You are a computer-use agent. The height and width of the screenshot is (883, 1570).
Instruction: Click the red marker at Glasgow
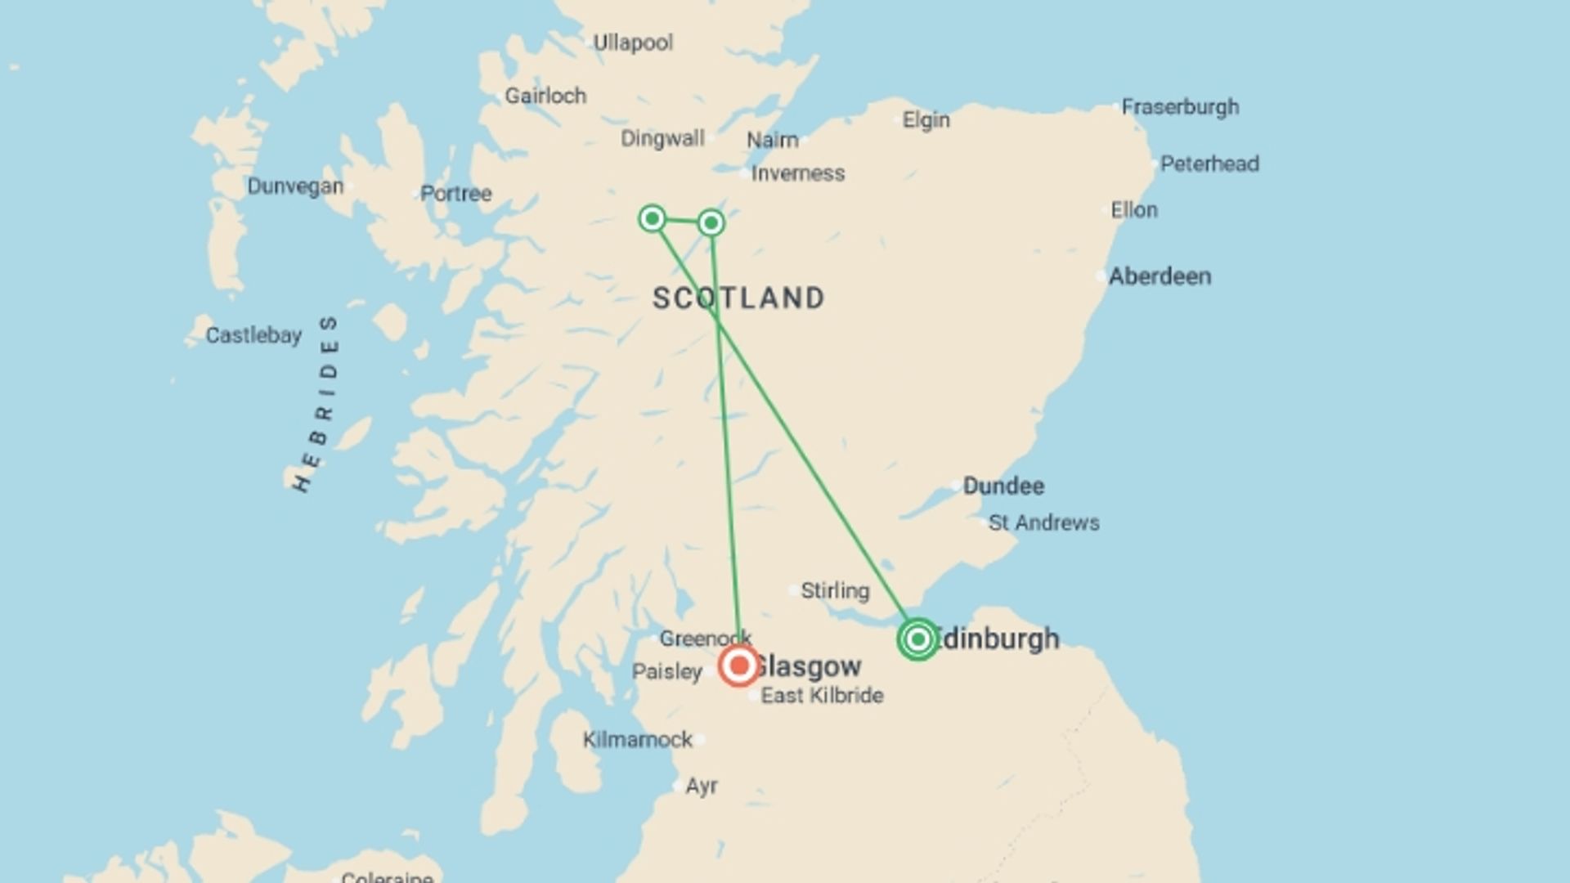(739, 666)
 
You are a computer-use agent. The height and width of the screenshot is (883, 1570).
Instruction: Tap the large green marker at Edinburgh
(917, 639)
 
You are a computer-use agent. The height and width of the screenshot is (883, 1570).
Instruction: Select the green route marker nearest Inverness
(711, 222)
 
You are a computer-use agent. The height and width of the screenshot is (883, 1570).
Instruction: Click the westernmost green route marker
(652, 218)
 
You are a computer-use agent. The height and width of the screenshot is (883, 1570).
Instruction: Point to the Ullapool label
(633, 43)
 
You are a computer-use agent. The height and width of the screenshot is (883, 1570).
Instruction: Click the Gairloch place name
(545, 96)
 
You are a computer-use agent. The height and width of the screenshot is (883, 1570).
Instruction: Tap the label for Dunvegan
(295, 186)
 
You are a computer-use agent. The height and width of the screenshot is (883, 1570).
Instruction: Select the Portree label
(455, 194)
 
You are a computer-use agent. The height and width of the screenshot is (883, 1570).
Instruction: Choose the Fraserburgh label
(1180, 107)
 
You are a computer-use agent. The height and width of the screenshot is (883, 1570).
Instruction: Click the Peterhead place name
(1209, 164)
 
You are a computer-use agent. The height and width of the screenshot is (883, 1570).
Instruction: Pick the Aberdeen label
(1160, 276)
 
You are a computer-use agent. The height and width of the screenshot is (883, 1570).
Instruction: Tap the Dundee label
(1003, 486)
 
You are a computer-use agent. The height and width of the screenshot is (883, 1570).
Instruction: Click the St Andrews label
(1043, 522)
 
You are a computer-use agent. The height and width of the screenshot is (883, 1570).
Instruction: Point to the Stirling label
(835, 590)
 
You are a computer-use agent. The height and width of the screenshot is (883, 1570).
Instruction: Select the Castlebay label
(253, 335)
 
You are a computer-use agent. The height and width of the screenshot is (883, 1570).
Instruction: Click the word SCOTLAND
(738, 298)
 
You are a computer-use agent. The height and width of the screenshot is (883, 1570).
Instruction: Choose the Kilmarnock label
(638, 740)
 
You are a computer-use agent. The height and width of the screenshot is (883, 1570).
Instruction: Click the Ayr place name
(702, 786)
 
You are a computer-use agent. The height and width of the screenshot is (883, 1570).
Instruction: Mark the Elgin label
(926, 120)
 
